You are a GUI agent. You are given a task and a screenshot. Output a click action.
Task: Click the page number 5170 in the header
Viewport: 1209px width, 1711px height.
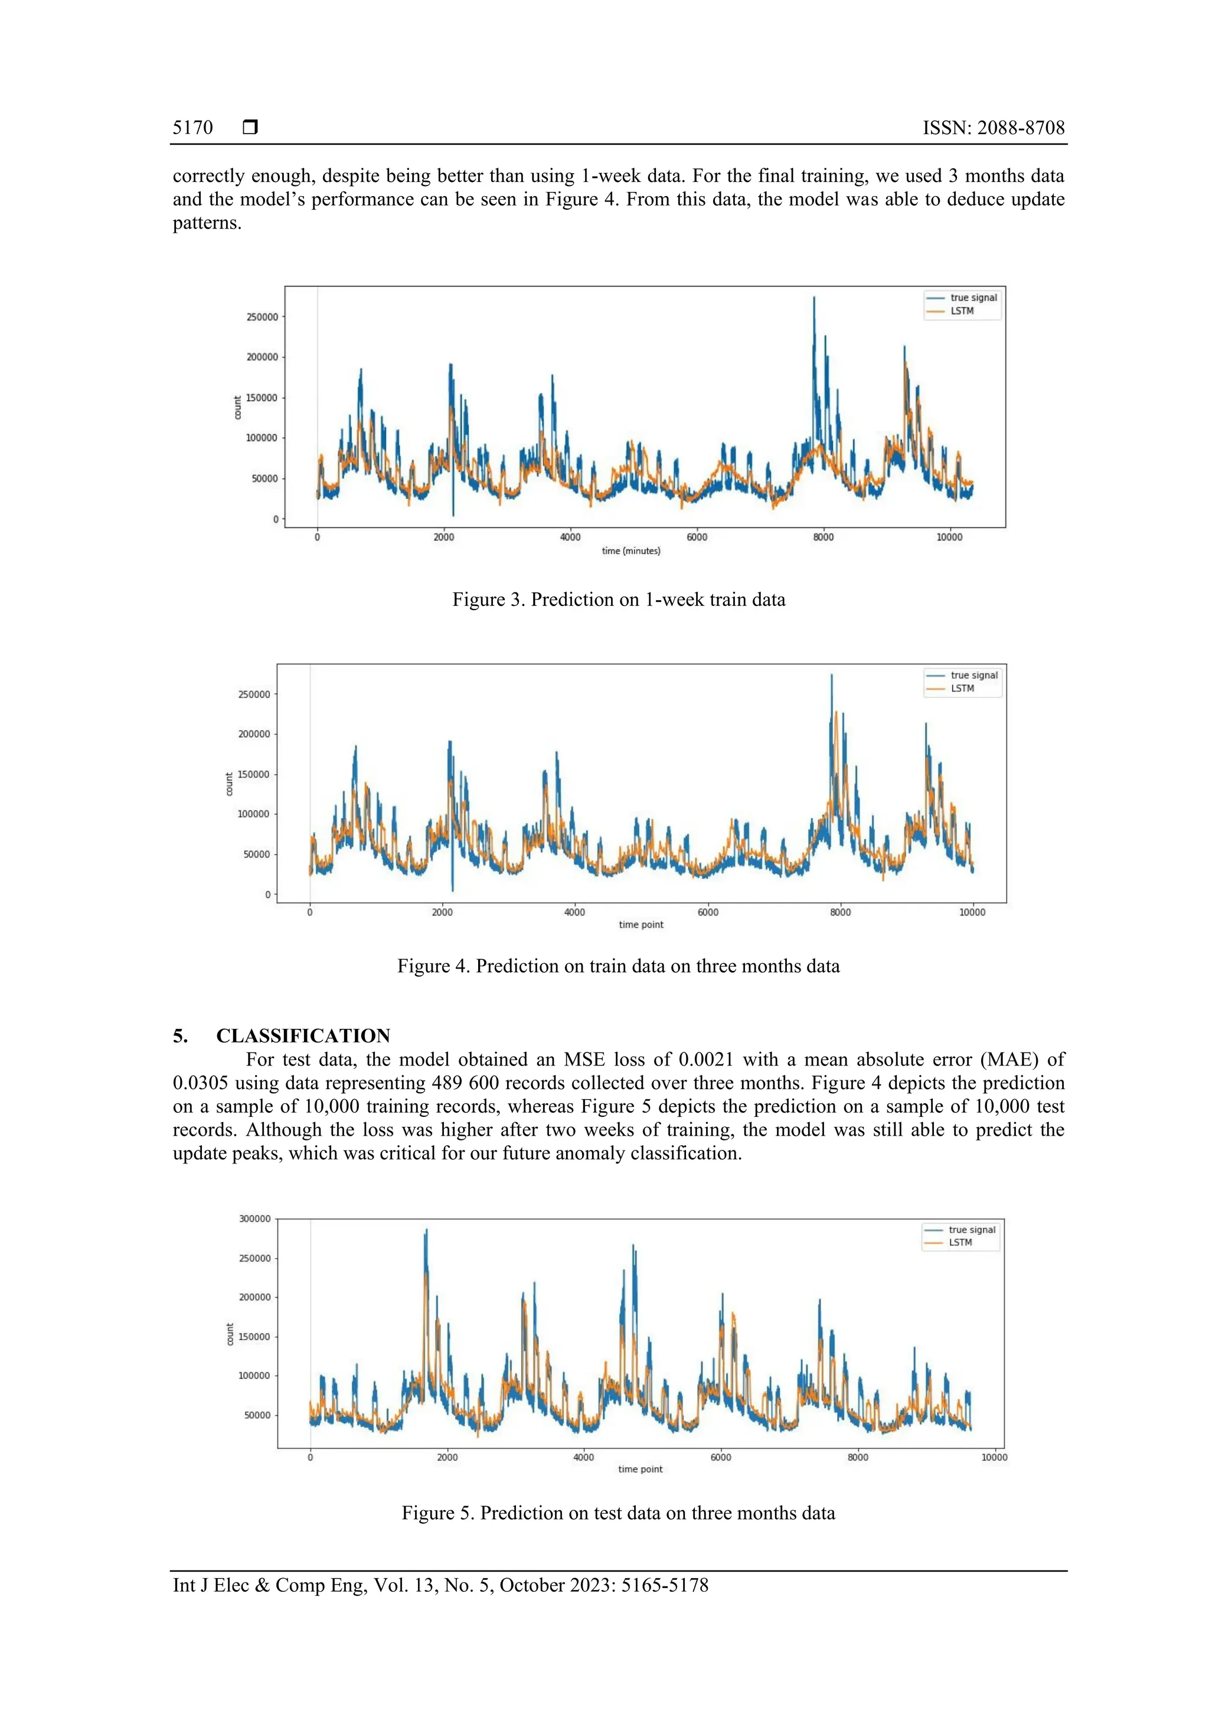(x=192, y=128)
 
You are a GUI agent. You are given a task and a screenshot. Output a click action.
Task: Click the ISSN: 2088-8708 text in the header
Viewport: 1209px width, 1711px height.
(x=993, y=128)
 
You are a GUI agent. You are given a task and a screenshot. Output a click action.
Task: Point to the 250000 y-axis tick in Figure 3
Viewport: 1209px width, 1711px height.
(x=262, y=317)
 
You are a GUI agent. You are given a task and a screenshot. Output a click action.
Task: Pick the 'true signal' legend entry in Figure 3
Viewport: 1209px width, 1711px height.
(x=973, y=297)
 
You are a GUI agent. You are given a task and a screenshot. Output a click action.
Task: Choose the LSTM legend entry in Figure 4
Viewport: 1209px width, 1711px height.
(x=962, y=689)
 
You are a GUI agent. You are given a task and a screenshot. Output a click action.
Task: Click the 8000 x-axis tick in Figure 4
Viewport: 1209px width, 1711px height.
(x=840, y=912)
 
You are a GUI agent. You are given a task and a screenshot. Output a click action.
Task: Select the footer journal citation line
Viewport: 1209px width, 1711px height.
(x=440, y=1585)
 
